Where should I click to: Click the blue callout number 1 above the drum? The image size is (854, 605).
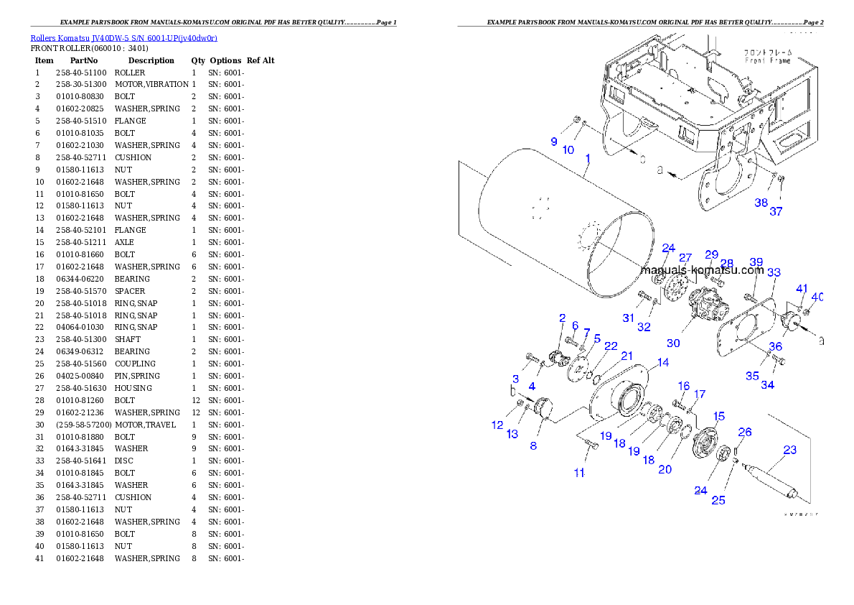pyautogui.click(x=588, y=159)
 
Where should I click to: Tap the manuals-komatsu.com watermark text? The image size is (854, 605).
pyautogui.click(x=702, y=270)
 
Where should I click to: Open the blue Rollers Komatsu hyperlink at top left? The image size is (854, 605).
pyautogui.click(x=123, y=37)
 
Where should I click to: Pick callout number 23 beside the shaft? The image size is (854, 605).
pyautogui.click(x=789, y=451)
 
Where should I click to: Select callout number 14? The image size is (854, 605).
pyautogui.click(x=662, y=363)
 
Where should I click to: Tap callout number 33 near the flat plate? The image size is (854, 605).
pyautogui.click(x=774, y=273)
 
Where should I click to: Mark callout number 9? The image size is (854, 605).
pyautogui.click(x=554, y=142)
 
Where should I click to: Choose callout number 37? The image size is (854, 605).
pyautogui.click(x=776, y=212)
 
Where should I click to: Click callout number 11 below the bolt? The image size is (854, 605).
pyautogui.click(x=578, y=473)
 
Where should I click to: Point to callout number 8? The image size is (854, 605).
pyautogui.click(x=533, y=445)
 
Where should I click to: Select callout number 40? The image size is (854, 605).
pyautogui.click(x=817, y=297)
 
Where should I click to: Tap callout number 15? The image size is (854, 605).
pyautogui.click(x=718, y=416)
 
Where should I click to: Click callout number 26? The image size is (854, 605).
pyautogui.click(x=746, y=433)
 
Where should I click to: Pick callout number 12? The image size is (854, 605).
pyautogui.click(x=497, y=425)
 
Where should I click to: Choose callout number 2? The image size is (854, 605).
pyautogui.click(x=562, y=318)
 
